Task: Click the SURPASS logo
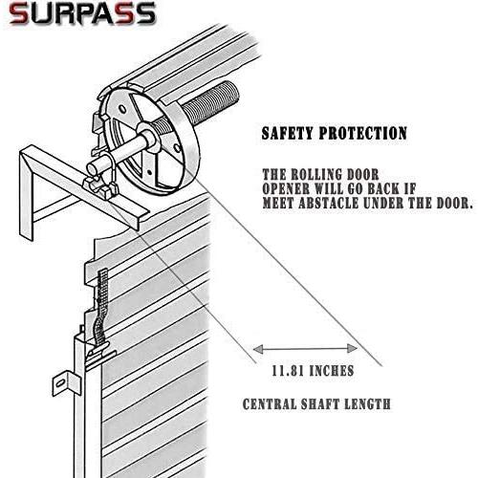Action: point(82,14)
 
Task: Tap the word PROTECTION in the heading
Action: point(363,133)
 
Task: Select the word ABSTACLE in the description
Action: point(327,203)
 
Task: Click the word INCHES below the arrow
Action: point(332,371)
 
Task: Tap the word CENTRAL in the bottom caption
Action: point(270,404)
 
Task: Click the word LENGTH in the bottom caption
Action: point(367,404)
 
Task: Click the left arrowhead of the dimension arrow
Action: point(258,349)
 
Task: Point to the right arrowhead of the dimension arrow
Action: point(353,348)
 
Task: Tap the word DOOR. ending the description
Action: point(454,203)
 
